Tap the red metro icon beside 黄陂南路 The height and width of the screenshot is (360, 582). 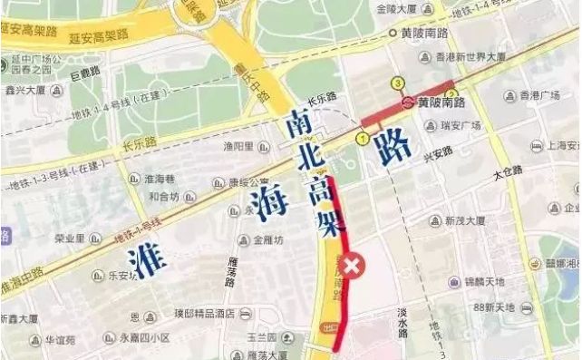click(x=409, y=102)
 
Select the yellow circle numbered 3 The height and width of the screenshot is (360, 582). click(x=396, y=83)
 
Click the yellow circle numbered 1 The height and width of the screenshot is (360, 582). click(x=362, y=138)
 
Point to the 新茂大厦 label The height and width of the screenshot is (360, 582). click(x=466, y=220)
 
